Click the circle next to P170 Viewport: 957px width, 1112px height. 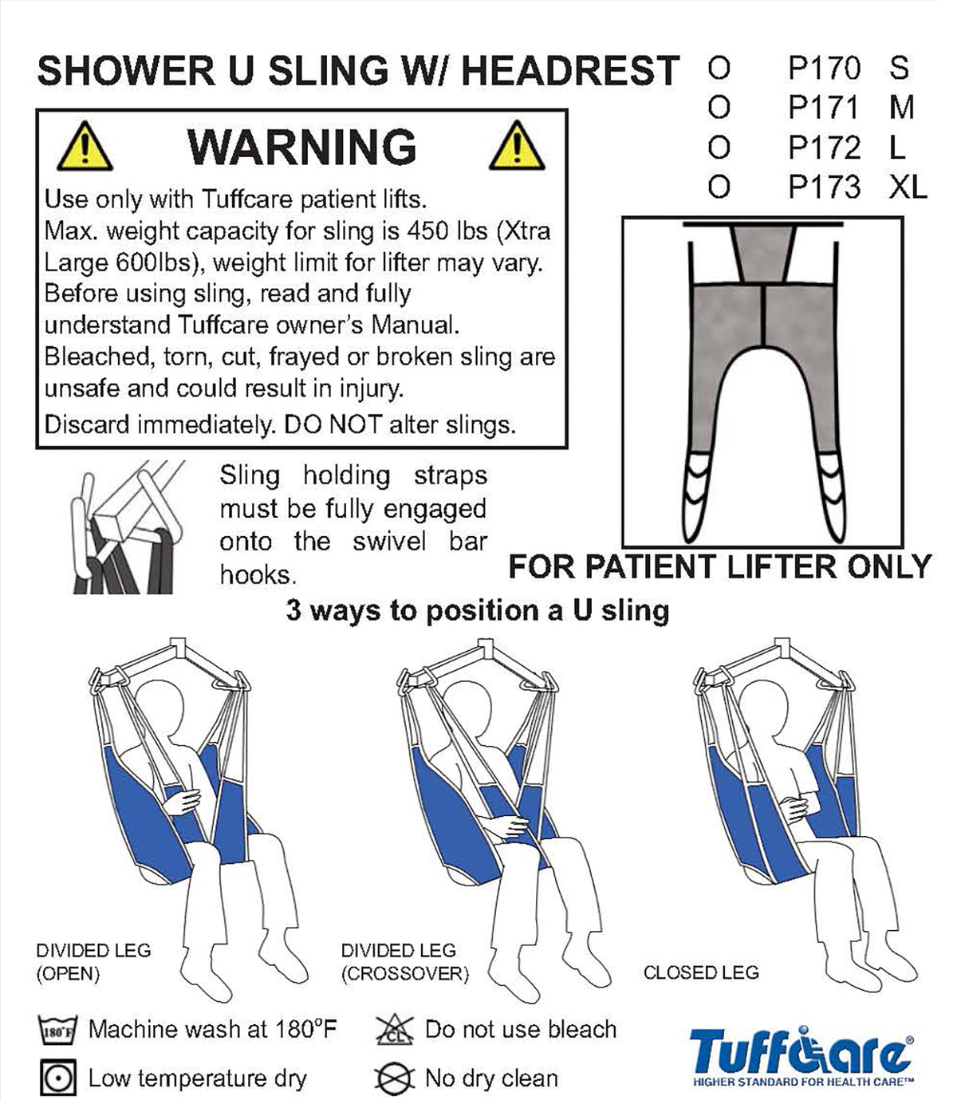pos(719,69)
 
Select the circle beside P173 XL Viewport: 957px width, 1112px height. pos(719,187)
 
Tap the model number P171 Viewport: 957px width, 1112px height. pos(823,107)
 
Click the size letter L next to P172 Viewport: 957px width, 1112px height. pos(896,147)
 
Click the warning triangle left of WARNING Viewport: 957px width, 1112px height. pos(85,146)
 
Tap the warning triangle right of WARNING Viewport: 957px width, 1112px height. pos(516,146)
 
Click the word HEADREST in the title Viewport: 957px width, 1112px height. pos(570,70)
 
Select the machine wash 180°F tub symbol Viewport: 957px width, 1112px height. pos(57,1030)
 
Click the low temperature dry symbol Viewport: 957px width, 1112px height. pos(57,1078)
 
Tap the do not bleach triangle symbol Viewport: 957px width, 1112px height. pos(395,1030)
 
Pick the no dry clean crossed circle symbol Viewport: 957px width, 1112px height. pos(394,1078)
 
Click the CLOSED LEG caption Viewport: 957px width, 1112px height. pos(701,972)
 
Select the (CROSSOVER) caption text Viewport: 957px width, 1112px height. pos(405,974)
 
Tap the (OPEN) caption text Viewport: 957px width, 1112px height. pos(68,974)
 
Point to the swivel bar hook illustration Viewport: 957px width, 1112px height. pos(127,526)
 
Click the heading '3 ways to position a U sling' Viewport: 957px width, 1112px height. pos(477,611)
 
